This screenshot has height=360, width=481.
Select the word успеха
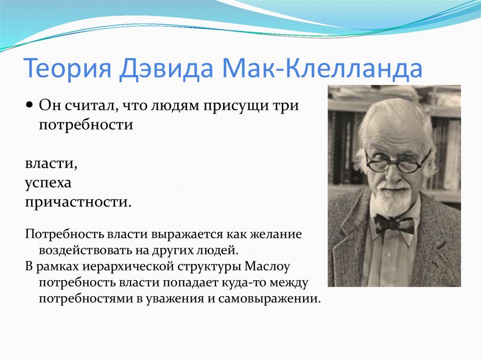click(x=48, y=184)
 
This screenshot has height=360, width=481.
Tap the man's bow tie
click(x=394, y=224)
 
